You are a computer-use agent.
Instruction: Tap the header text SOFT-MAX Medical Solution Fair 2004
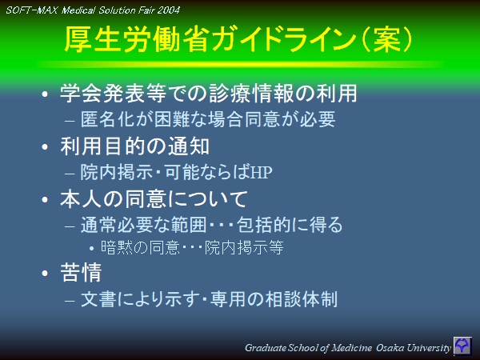(x=93, y=10)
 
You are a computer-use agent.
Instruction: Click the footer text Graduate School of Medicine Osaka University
(x=347, y=348)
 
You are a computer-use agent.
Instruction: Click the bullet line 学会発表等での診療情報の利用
(x=208, y=94)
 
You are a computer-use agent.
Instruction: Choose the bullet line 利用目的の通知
(x=135, y=146)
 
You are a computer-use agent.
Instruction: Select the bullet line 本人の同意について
(x=154, y=198)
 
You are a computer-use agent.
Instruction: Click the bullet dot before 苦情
(x=46, y=274)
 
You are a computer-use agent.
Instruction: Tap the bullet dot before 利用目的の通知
(x=46, y=147)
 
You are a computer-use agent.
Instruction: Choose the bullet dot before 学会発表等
(x=46, y=94)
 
